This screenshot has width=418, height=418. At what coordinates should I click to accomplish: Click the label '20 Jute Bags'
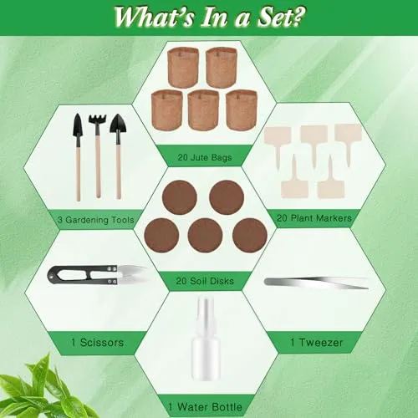click(205, 157)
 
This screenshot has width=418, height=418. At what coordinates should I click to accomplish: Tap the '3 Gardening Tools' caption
click(96, 220)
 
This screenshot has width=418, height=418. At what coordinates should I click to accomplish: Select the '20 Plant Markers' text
click(314, 218)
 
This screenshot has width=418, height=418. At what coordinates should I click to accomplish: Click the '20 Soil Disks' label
click(205, 281)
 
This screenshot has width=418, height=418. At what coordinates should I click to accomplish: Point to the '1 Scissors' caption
click(97, 342)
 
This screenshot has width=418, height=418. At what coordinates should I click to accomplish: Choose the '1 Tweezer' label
click(317, 342)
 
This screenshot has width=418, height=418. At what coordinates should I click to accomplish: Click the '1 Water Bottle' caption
click(205, 407)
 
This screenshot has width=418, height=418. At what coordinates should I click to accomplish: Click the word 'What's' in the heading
click(154, 17)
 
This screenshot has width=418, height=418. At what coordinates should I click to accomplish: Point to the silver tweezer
click(317, 283)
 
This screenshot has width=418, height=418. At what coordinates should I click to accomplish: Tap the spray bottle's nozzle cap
click(206, 310)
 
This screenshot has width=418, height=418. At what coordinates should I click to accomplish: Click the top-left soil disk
click(180, 197)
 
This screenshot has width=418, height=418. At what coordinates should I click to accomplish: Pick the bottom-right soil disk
click(250, 236)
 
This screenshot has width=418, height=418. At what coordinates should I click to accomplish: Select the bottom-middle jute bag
click(203, 110)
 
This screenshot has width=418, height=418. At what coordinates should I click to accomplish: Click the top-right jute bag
click(222, 67)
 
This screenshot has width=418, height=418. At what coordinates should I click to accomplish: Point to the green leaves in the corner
click(42, 390)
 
